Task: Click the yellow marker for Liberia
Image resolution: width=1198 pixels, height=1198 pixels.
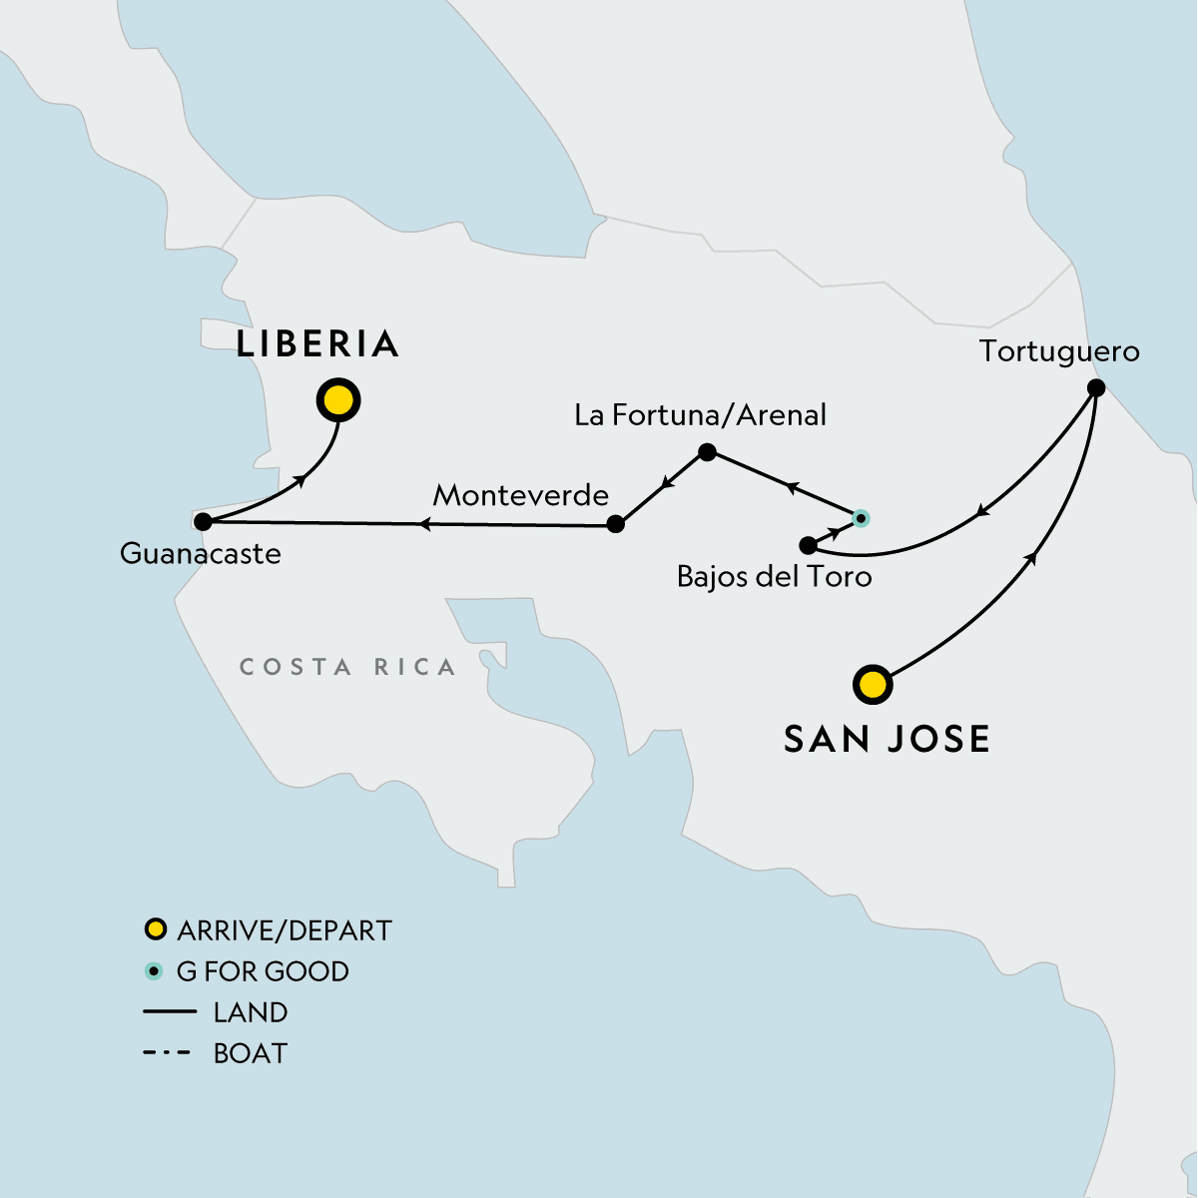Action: coord(338,400)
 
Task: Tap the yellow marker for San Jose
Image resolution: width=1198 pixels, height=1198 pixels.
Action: coord(873,685)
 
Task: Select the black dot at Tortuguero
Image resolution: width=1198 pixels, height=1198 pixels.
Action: coord(1095,388)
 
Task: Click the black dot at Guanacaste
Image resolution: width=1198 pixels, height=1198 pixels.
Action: coord(203,521)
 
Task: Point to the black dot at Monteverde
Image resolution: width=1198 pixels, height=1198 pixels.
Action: coord(616,523)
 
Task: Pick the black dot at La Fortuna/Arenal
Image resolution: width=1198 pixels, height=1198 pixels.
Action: coord(707,452)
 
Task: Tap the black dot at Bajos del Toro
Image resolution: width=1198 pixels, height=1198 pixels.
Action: coord(808,545)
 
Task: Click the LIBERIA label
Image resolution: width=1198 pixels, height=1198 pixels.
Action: coord(317,344)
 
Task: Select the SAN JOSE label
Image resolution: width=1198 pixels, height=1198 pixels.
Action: coord(887,739)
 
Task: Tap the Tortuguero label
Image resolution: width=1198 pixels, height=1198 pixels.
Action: coord(1058,351)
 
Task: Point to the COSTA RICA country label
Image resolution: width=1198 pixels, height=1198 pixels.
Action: coord(347,667)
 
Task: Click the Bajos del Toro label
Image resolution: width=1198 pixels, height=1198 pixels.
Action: coord(774,577)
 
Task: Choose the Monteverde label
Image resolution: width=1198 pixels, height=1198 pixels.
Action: coord(520,495)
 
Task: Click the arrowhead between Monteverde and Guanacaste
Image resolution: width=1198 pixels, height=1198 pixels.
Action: coord(424,523)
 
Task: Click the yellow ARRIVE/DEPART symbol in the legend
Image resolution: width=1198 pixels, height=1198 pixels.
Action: coord(155,930)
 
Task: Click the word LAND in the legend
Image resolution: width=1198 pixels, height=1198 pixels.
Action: coord(251,1012)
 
